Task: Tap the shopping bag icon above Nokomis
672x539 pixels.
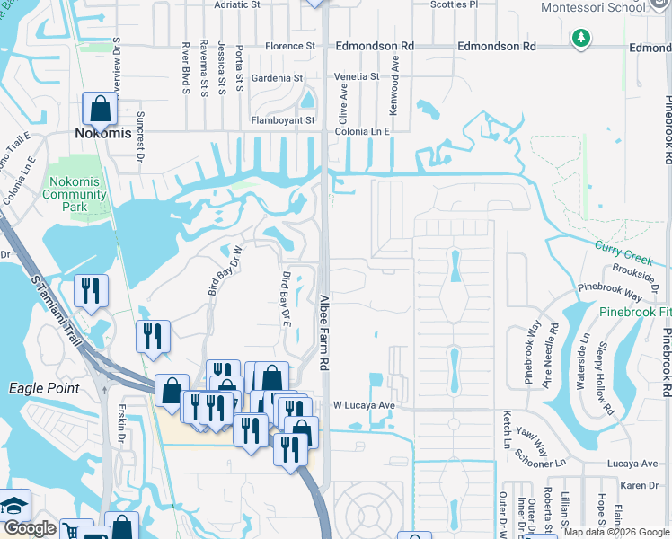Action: tap(101, 109)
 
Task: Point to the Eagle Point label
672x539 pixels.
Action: tap(44, 388)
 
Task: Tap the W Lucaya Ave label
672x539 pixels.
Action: tap(364, 405)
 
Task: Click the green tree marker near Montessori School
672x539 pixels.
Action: tap(581, 40)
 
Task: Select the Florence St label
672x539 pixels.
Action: tap(289, 46)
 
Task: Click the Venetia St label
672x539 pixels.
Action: tap(356, 77)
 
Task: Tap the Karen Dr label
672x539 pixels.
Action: tap(640, 485)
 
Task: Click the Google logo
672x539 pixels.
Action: tap(30, 529)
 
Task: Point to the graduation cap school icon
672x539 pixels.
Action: tap(15, 504)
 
